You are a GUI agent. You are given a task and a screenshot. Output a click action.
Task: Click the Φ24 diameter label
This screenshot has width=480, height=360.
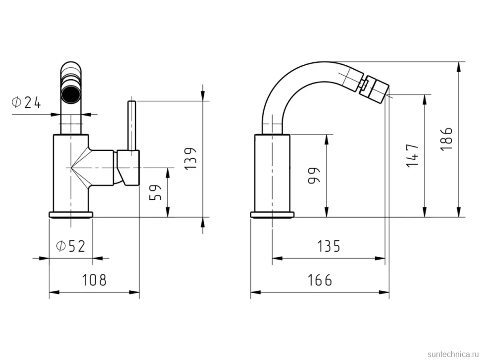(26, 102)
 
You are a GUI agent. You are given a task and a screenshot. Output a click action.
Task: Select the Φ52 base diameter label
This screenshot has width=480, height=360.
(70, 246)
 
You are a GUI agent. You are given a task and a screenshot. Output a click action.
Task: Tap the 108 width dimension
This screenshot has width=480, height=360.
(95, 279)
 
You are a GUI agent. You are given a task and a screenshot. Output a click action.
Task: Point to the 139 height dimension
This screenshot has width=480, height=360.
(191, 159)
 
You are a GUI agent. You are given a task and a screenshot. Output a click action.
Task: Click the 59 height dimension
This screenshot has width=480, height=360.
(155, 193)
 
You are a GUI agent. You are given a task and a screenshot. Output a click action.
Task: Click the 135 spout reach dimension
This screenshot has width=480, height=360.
(329, 246)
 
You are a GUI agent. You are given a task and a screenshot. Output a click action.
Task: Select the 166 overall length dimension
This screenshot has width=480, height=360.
(320, 280)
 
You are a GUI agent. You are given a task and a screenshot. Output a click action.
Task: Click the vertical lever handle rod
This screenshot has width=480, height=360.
(132, 126)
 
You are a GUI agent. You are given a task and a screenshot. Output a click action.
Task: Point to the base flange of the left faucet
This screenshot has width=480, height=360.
(71, 215)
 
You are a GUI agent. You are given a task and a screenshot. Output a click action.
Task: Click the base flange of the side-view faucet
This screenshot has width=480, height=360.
(272, 215)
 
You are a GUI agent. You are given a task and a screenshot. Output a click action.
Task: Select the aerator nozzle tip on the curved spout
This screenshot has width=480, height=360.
(378, 86)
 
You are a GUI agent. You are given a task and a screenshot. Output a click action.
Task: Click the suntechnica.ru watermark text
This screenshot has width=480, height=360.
(453, 354)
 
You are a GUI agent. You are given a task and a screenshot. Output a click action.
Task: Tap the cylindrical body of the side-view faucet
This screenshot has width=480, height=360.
(272, 173)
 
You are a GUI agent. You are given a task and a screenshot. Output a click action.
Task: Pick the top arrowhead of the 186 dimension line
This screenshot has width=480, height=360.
(459, 67)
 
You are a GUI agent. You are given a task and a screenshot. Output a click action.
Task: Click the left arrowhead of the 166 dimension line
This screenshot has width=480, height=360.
(256, 292)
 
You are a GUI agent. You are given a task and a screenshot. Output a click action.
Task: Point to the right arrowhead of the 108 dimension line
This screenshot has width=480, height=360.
(134, 292)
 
